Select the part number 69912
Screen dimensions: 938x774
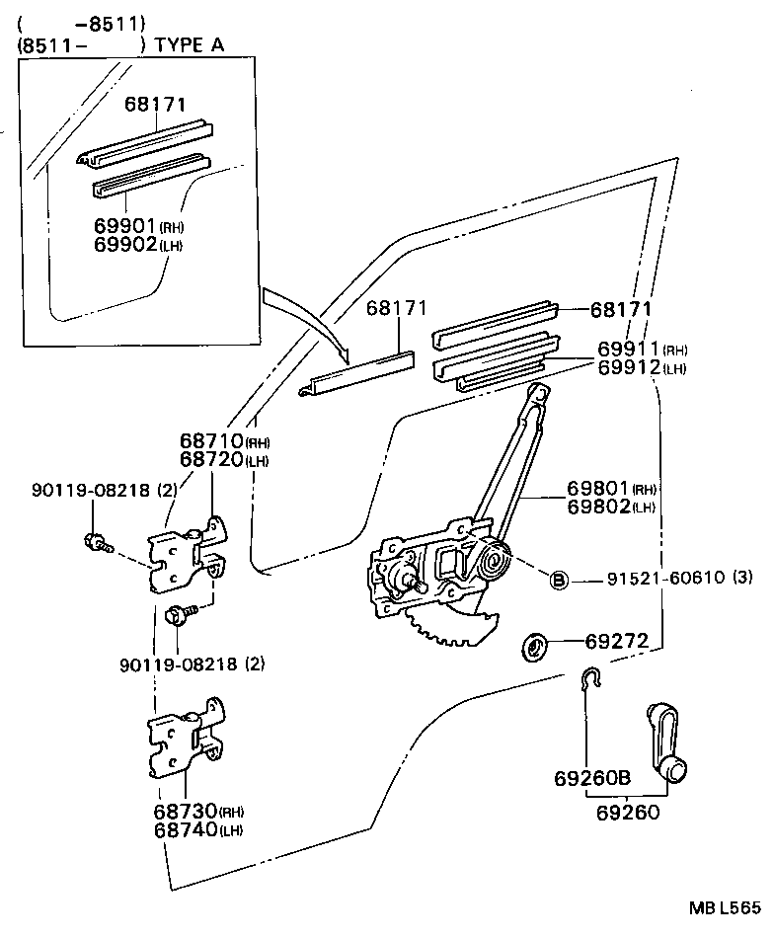(x=628, y=367)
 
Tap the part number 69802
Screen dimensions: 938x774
(x=598, y=507)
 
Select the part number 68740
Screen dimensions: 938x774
(x=185, y=829)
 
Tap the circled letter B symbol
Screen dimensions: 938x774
(x=558, y=580)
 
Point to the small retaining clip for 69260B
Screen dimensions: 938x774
(x=588, y=680)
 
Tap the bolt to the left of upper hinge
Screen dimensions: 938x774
(x=97, y=541)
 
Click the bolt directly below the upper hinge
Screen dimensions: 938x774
(x=178, y=616)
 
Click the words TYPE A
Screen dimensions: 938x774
(x=191, y=44)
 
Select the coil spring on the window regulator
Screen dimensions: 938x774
(x=491, y=563)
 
